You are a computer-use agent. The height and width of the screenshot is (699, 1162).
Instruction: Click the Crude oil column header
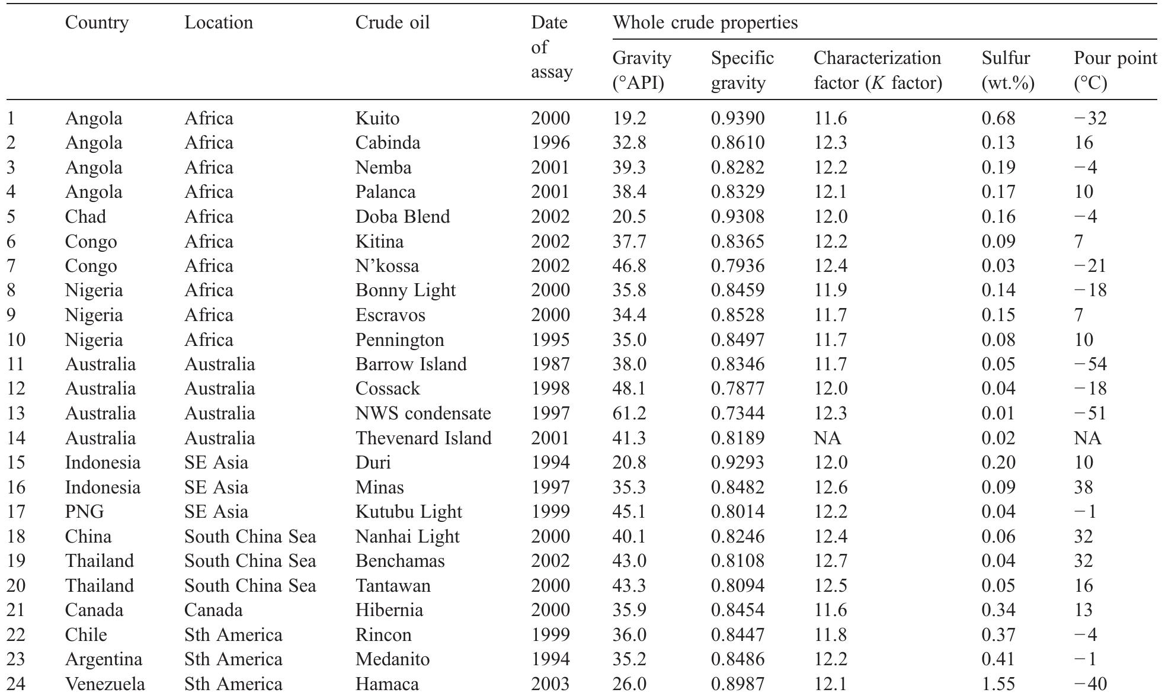click(x=392, y=23)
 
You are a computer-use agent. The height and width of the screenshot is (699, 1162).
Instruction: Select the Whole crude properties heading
click(x=705, y=23)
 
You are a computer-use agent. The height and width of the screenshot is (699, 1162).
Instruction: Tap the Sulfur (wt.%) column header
click(x=1008, y=70)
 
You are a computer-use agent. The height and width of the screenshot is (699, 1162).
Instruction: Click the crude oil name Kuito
click(x=377, y=118)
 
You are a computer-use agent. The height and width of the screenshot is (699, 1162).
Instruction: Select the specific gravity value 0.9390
click(x=738, y=118)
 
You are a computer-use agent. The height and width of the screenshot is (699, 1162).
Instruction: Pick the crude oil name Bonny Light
click(x=405, y=290)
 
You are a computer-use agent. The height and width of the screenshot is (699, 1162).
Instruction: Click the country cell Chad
click(x=85, y=216)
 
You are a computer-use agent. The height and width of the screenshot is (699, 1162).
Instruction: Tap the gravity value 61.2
click(x=629, y=413)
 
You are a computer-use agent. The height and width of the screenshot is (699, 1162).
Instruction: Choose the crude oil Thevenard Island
click(x=423, y=438)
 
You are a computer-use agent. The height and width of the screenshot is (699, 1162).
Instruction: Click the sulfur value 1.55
click(x=998, y=684)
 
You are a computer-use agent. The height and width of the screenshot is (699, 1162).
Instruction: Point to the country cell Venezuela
click(x=105, y=684)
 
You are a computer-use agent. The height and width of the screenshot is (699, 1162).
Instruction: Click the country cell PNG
click(x=84, y=511)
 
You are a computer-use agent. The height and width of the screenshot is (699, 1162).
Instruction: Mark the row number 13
click(x=16, y=413)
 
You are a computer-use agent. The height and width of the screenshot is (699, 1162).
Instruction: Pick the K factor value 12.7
click(x=831, y=560)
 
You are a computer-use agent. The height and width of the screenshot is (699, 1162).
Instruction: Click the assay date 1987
click(x=550, y=364)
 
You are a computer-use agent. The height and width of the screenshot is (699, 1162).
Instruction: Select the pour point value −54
click(x=1090, y=364)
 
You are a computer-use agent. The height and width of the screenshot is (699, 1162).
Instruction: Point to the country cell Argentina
click(x=104, y=659)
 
